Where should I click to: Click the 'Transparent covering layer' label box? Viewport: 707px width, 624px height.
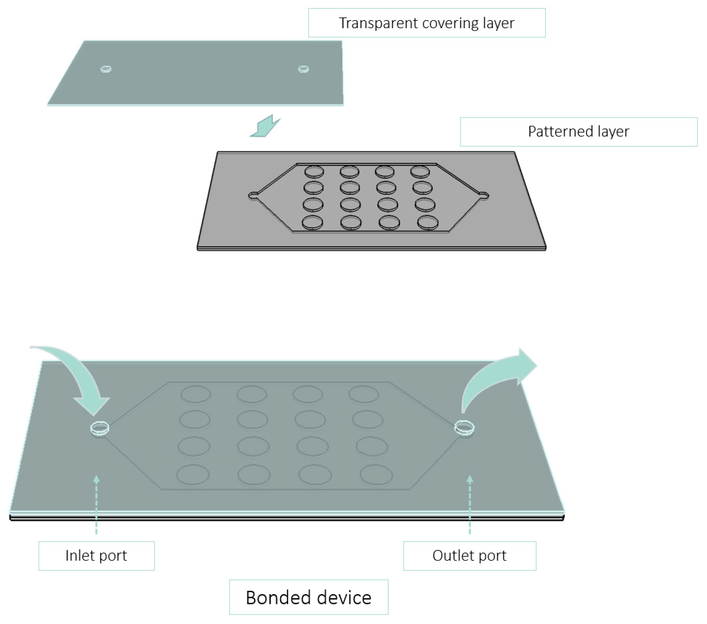[x=426, y=23]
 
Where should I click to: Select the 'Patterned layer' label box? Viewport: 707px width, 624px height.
[x=578, y=132]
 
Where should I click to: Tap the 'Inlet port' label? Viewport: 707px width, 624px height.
[x=96, y=556]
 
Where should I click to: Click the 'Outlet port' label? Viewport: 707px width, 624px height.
[x=469, y=556]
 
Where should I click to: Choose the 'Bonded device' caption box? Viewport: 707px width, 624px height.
[x=308, y=597]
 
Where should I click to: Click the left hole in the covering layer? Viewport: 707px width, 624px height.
[x=106, y=69]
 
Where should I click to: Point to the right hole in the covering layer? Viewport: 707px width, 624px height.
[x=303, y=69]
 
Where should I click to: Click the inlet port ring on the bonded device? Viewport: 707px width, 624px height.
[x=100, y=428]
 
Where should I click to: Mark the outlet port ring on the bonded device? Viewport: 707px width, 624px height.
[x=464, y=428]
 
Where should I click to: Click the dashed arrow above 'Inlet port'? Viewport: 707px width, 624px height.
[x=96, y=504]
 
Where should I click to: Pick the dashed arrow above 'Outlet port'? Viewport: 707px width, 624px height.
[x=470, y=504]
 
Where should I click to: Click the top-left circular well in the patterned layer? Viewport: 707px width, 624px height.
[x=314, y=171]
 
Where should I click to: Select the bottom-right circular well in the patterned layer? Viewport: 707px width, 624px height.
[x=428, y=223]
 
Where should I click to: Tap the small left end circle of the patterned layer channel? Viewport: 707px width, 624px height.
[x=253, y=195]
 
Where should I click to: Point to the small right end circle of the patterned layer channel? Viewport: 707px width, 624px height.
[x=484, y=195]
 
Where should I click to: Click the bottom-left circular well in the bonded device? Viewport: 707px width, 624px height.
[x=193, y=475]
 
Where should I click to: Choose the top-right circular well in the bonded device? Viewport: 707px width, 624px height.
[x=364, y=395]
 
